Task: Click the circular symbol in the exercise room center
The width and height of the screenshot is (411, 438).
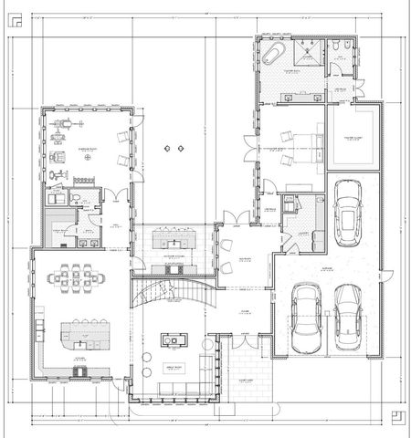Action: (89, 156)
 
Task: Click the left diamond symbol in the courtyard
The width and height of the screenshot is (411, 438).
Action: (167, 147)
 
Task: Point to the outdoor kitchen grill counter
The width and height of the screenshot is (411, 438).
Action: (171, 242)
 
